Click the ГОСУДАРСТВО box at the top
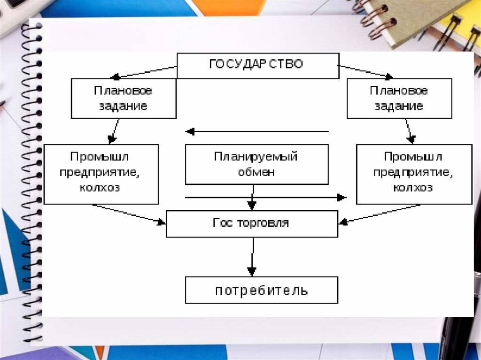coord(257,65)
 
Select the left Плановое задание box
coord(124,98)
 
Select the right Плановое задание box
coord(399,98)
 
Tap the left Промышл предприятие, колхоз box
coord(101,174)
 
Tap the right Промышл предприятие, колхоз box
coord(414,174)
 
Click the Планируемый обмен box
coord(256,164)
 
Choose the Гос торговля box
coord(252,223)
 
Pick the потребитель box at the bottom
coord(261,290)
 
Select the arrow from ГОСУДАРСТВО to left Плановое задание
coord(144,72)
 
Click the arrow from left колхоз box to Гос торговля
coord(129,213)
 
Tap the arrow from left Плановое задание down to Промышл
coord(114,131)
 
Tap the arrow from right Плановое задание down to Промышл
coord(409,131)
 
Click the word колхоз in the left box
coord(101,188)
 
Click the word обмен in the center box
coord(256,172)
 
